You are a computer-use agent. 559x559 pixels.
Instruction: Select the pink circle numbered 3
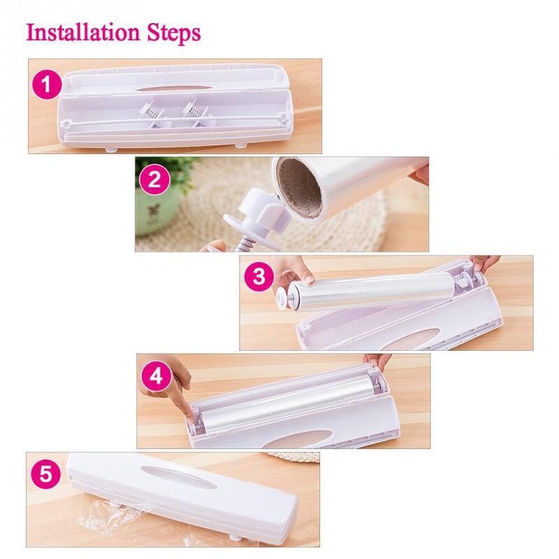coord(259,277)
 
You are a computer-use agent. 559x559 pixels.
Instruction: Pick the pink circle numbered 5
coord(45,475)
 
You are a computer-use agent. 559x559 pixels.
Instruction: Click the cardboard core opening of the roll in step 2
coord(298,187)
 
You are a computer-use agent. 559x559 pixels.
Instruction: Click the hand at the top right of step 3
coord(484,263)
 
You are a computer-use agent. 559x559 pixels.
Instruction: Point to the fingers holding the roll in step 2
coord(419,170)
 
